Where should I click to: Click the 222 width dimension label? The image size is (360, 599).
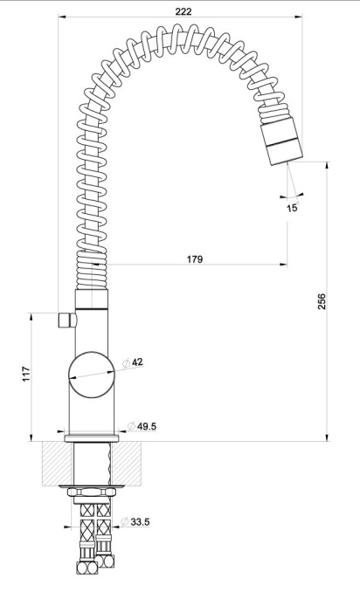pyautogui.click(x=183, y=11)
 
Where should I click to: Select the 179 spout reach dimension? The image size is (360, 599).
pyautogui.click(x=195, y=259)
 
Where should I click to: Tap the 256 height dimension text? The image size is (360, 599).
pyautogui.click(x=322, y=301)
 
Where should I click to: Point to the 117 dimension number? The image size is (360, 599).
pyautogui.click(x=25, y=374)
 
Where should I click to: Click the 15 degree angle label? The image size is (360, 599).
pyautogui.click(x=292, y=208)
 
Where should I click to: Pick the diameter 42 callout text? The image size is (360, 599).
pyautogui.click(x=134, y=362)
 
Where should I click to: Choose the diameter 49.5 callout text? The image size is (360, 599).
pyautogui.click(x=142, y=426)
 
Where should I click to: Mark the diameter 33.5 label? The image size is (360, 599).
pyautogui.click(x=135, y=521)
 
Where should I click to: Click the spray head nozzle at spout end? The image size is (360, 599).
pyautogui.click(x=281, y=141)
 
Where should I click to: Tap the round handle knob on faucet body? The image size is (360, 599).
pyautogui.click(x=92, y=375)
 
